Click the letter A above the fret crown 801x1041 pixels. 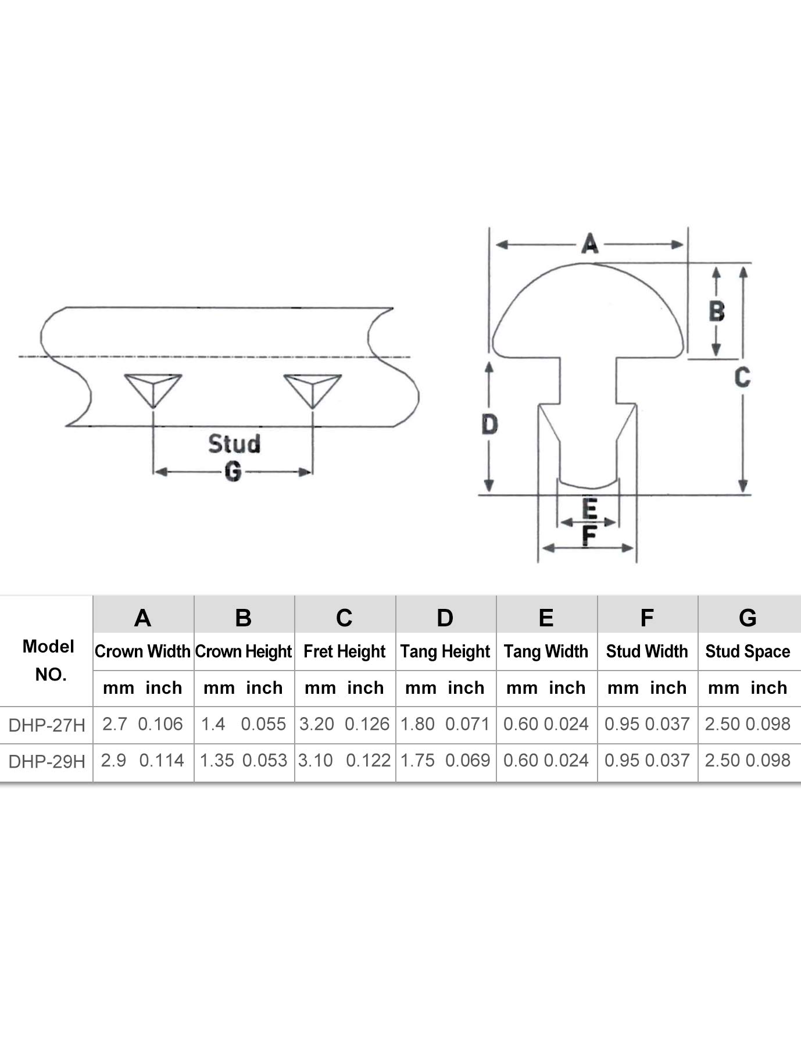pos(589,244)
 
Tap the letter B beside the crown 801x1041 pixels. pos(717,311)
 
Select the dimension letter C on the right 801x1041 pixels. pos(742,377)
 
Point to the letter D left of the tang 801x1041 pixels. pos(489,425)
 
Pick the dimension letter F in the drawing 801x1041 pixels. pos(589,536)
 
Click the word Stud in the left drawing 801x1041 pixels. pos(234,444)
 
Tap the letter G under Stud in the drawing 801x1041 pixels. pos(233,471)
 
